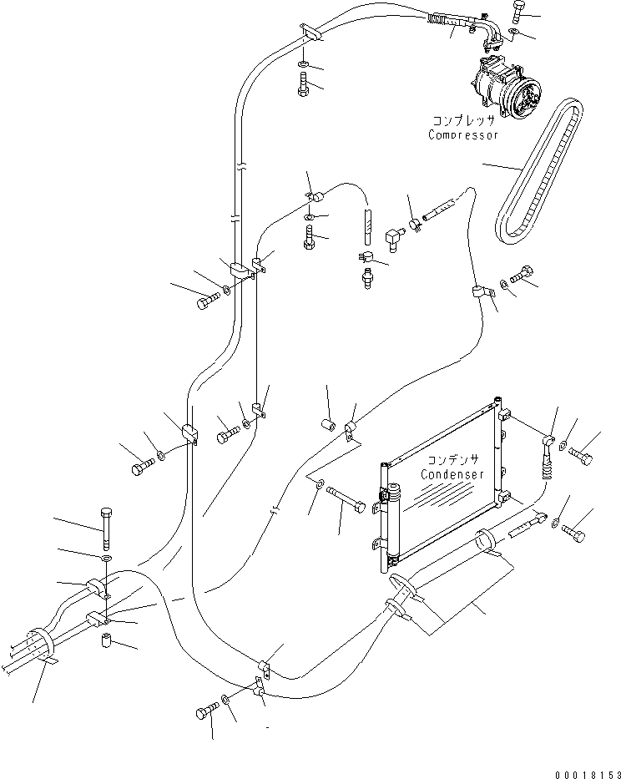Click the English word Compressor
(463, 134)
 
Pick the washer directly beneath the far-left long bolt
(106, 557)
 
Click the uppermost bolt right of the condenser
(583, 457)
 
